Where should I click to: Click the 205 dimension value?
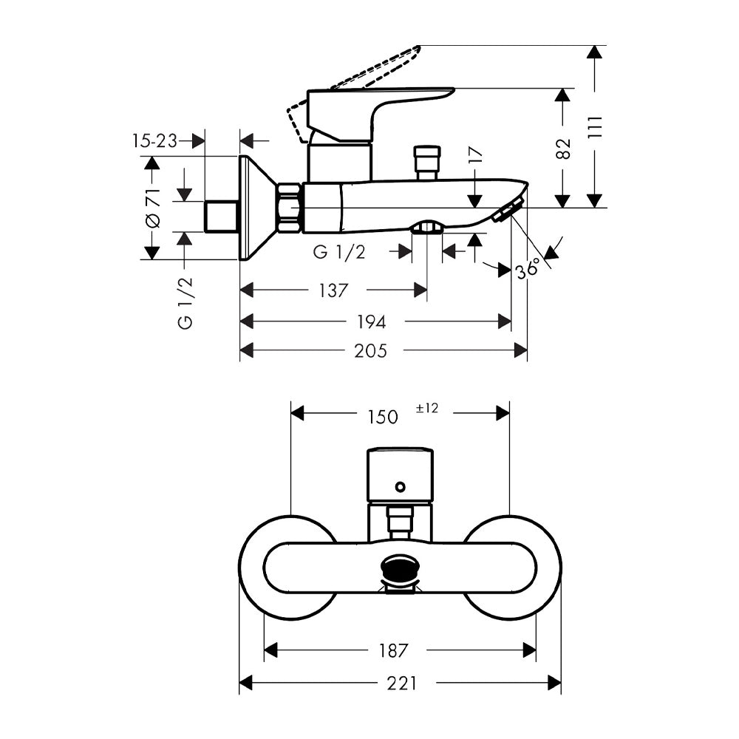pyautogui.click(x=370, y=350)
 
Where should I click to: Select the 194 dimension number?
pyautogui.click(x=372, y=322)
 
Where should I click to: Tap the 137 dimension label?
pyautogui.click(x=333, y=290)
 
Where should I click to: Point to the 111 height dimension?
pyautogui.click(x=596, y=126)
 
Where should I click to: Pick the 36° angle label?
pyautogui.click(x=527, y=270)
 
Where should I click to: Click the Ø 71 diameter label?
pyautogui.click(x=153, y=208)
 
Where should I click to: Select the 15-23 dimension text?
pyautogui.click(x=154, y=140)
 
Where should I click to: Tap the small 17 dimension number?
pyautogui.click(x=476, y=155)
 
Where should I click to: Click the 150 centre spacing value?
pyautogui.click(x=383, y=417)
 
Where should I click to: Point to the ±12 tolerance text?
pyautogui.click(x=427, y=408)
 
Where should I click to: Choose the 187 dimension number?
pyautogui.click(x=393, y=651)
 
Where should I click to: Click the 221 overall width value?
pyautogui.click(x=401, y=683)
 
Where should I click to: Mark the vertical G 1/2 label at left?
pyautogui.click(x=185, y=302)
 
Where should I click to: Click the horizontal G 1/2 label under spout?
pyautogui.click(x=339, y=252)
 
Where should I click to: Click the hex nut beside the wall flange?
pyautogui.click(x=290, y=208)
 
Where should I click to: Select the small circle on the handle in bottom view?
pyautogui.click(x=401, y=487)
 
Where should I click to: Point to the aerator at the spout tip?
pyautogui.click(x=507, y=210)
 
